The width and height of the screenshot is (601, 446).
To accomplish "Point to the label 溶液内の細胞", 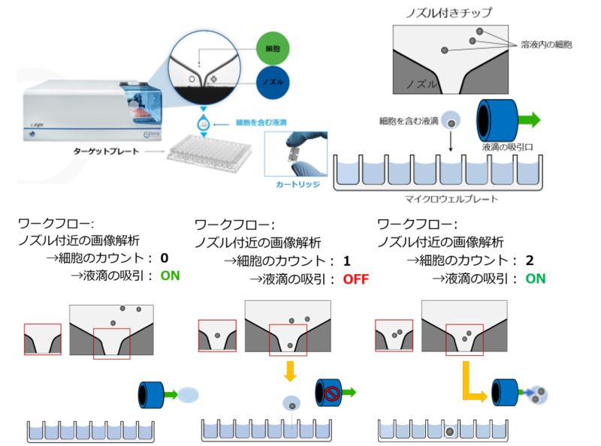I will coord(545,45).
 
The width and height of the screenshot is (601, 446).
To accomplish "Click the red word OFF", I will coord(356,279).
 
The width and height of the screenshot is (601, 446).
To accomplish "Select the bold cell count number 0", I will coord(164,258).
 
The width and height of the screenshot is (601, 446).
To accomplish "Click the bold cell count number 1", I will coord(347,261).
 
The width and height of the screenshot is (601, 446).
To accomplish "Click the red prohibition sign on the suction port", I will coord(332,391).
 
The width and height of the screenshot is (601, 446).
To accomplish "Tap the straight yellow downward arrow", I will coord(289,370).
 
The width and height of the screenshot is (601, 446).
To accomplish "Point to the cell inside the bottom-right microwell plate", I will coord(449,432).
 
